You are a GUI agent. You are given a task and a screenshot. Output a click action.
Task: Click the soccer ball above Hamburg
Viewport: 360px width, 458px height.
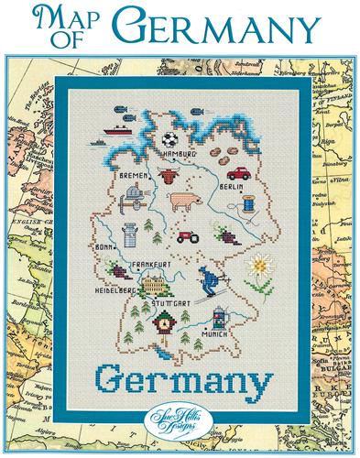click(169, 140)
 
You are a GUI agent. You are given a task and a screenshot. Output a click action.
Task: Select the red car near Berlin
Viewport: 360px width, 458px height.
click(239, 172)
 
